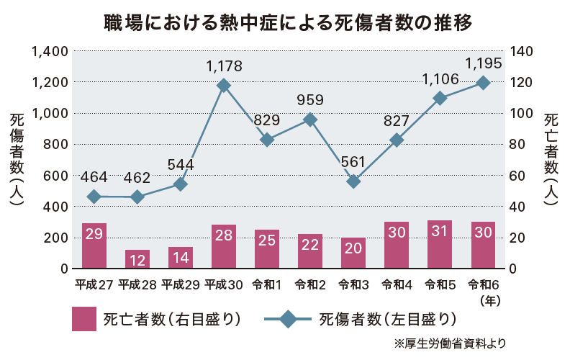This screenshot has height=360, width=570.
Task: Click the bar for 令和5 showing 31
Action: (x=440, y=245)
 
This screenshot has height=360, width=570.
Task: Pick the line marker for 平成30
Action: (x=224, y=86)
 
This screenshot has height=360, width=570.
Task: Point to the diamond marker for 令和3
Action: (x=353, y=181)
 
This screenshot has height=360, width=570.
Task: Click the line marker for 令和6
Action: (x=483, y=83)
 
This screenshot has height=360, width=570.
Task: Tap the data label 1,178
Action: (x=224, y=66)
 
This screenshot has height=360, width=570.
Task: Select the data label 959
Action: (x=310, y=100)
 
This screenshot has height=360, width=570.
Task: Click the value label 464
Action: (x=94, y=177)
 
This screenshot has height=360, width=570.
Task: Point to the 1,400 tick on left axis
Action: (x=50, y=51)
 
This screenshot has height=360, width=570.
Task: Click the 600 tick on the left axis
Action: (x=55, y=176)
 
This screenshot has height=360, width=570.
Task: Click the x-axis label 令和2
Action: (x=310, y=284)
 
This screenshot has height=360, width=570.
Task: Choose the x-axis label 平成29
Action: (x=181, y=284)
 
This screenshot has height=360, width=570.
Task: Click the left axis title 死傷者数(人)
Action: (x=17, y=160)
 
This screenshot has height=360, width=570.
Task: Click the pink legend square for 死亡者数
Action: (x=84, y=319)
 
